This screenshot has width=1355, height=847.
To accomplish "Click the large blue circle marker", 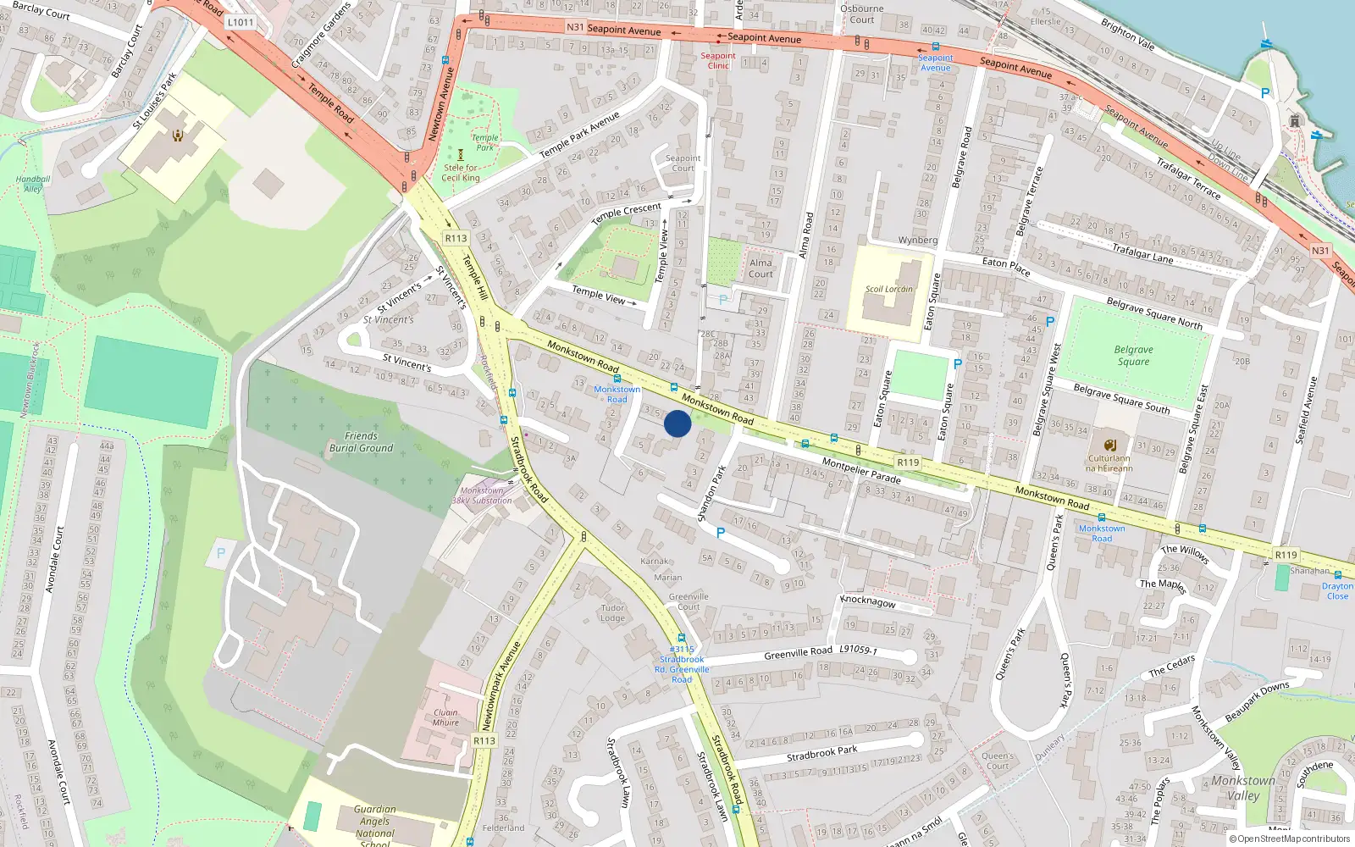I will click(677, 423).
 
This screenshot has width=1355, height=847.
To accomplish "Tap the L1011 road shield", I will click(241, 22).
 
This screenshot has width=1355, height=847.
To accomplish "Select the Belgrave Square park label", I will click(1133, 356).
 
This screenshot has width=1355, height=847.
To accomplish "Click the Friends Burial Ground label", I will click(361, 442).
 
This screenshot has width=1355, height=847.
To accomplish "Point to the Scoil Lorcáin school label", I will click(888, 290).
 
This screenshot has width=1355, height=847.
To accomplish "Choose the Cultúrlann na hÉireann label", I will click(1109, 463).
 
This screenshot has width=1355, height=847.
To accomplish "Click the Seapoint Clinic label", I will click(718, 61).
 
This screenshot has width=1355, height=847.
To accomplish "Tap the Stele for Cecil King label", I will click(461, 173).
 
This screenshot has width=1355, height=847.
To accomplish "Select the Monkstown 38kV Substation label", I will click(482, 495).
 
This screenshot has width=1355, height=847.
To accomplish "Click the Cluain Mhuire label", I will click(445, 717).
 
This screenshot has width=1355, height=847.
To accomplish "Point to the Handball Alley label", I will click(33, 184).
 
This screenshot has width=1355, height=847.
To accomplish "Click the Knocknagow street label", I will click(867, 601).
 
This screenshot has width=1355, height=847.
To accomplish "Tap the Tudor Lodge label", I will click(612, 612).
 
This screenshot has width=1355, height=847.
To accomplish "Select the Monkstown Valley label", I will click(1242, 788).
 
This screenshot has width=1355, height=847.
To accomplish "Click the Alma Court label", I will click(760, 268).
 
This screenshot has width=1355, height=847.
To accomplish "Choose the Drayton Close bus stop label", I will click(1337, 591).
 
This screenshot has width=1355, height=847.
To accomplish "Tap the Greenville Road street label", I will click(798, 653).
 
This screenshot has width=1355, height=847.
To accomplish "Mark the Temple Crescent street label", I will click(626, 213).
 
